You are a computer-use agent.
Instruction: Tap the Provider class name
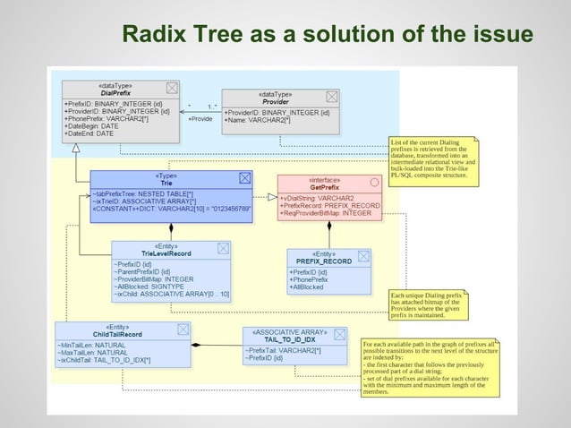(275, 101)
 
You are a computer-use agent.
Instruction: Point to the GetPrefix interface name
(323, 187)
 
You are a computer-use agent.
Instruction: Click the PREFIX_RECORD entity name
(327, 261)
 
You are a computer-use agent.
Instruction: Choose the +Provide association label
(200, 119)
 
